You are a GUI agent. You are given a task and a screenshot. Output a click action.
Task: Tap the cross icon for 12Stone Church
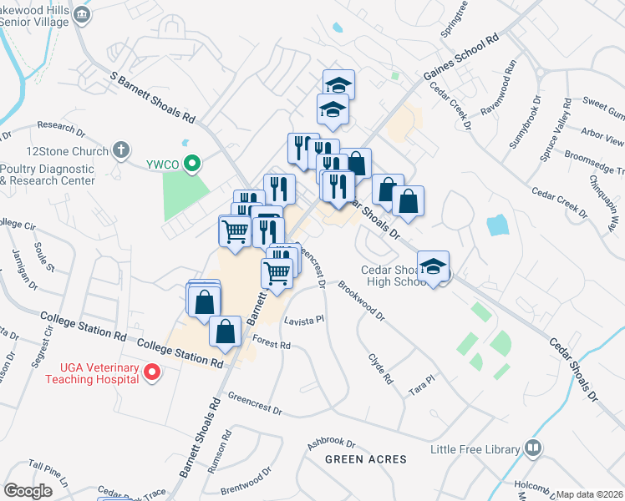pos(121,151)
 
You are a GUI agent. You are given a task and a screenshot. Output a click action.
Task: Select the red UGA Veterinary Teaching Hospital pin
pos(151,372)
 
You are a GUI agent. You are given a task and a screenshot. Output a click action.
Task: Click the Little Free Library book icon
pos(533,449)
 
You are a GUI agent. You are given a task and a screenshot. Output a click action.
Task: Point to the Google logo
pos(28,491)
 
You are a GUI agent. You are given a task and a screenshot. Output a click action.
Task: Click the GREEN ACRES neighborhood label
pos(365,459)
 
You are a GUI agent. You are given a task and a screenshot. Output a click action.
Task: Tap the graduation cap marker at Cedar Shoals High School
pos(434,266)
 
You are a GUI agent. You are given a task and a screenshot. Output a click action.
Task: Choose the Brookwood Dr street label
pos(361,301)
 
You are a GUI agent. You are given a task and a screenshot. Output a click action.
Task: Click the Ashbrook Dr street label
pos(331,440)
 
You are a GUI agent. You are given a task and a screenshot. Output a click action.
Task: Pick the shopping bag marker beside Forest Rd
pos(226,331)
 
